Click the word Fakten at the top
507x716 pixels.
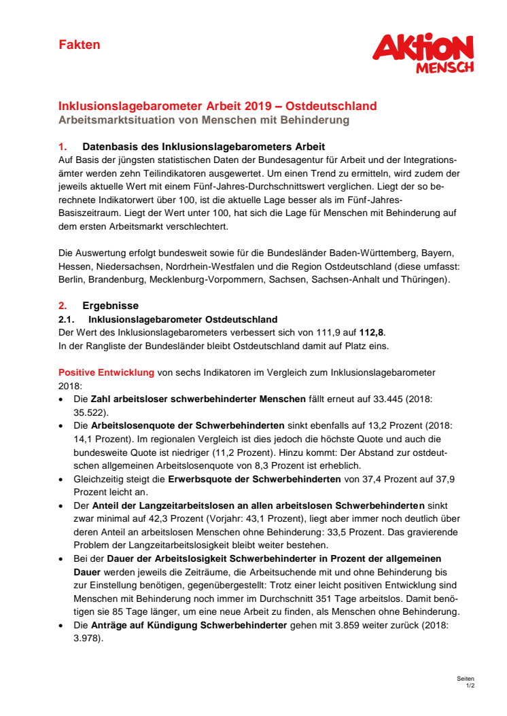[x=79, y=45]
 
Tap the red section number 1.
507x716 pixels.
[x=62, y=147]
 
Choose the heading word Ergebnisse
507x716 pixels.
[x=111, y=306]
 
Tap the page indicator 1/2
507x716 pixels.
[x=470, y=686]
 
